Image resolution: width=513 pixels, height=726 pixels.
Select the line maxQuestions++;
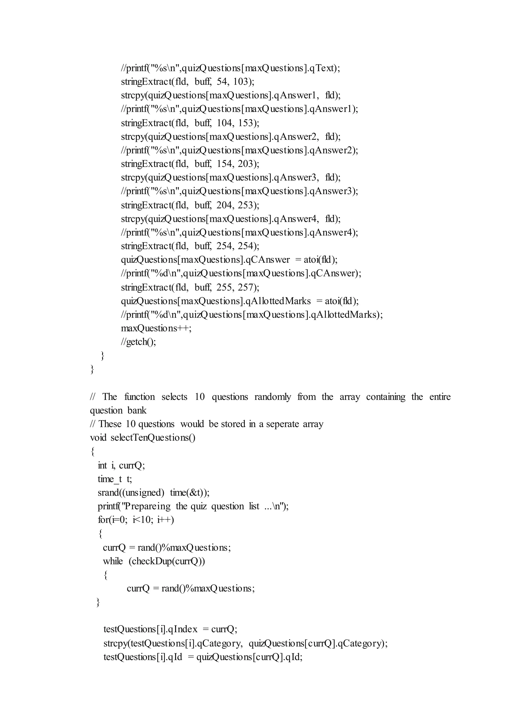(x=156, y=328)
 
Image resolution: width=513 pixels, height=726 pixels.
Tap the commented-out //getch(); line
(x=138, y=342)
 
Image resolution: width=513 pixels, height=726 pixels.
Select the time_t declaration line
(x=115, y=479)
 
